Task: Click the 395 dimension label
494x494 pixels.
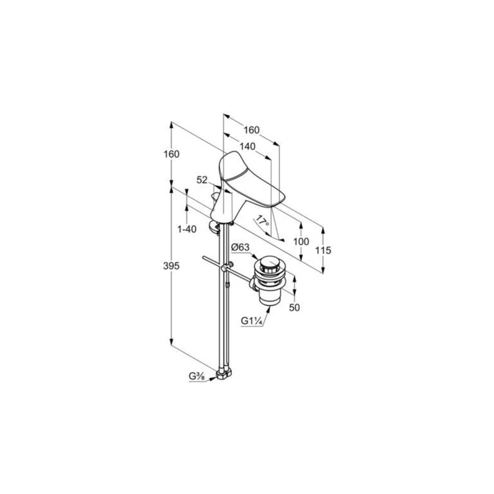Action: pos(171,266)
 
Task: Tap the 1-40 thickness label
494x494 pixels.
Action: pos(187,229)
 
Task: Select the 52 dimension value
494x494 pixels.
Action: pos(202,180)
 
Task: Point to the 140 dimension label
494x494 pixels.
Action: pos(247,147)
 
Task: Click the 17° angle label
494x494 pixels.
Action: pos(262,220)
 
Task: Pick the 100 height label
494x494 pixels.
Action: pos(301,242)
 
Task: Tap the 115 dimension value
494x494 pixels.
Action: pos(324,250)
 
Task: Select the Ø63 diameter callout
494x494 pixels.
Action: pos(241,247)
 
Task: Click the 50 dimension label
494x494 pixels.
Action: pos(294,307)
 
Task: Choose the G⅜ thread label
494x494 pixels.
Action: pos(197,376)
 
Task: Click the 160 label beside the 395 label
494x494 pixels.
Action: pos(171,154)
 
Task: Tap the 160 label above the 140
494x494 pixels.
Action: pos(251,130)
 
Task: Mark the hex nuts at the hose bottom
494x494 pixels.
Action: pos(224,374)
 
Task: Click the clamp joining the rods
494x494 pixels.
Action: pos(224,269)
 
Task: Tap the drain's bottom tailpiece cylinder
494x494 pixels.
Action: pos(269,298)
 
